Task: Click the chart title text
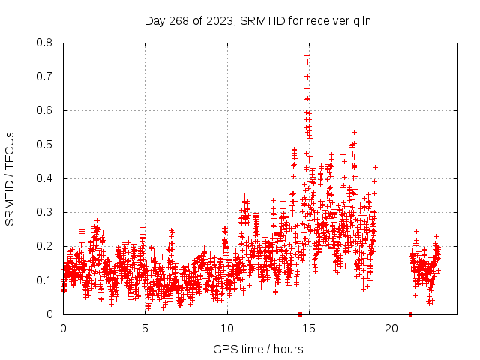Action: pyautogui.click(x=257, y=20)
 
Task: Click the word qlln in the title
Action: pyautogui.click(x=360, y=20)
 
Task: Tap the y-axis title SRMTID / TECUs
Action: pyautogui.click(x=10, y=178)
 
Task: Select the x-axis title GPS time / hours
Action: pyautogui.click(x=258, y=349)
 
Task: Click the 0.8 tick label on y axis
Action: pyautogui.click(x=46, y=43)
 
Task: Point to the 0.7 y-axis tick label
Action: pyautogui.click(x=46, y=76)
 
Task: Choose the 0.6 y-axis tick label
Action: pyautogui.click(x=46, y=110)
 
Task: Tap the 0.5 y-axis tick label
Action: pyautogui.click(x=46, y=145)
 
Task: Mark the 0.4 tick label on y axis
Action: pyautogui.click(x=46, y=178)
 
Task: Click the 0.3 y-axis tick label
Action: pyautogui.click(x=46, y=212)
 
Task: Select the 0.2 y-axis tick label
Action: pyautogui.click(x=46, y=246)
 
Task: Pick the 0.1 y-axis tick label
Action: pyautogui.click(x=46, y=280)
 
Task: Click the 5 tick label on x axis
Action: pyautogui.click(x=145, y=328)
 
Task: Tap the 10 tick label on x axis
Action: pyautogui.click(x=226, y=328)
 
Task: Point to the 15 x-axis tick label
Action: pyautogui.click(x=308, y=328)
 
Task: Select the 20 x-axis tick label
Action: pyautogui.click(x=391, y=328)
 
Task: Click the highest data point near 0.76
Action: pyautogui.click(x=307, y=55)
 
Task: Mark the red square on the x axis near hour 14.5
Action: pyautogui.click(x=300, y=314)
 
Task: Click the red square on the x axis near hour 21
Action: pyautogui.click(x=410, y=314)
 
